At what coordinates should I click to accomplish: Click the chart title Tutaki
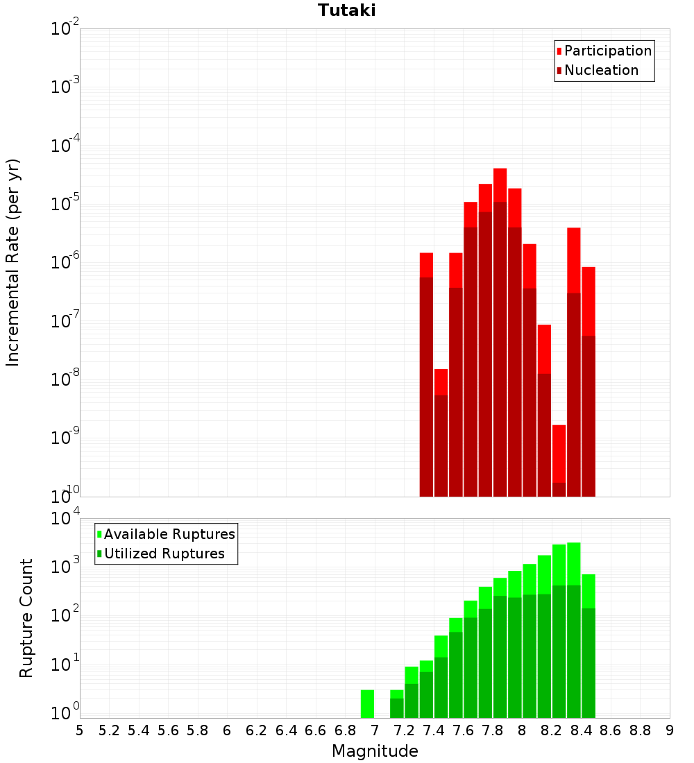(x=346, y=10)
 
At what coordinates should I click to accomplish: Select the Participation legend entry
(x=608, y=51)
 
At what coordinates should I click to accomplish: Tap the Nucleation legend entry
(x=601, y=70)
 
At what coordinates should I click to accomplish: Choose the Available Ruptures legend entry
(x=169, y=534)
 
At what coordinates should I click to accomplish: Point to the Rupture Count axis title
(x=26, y=618)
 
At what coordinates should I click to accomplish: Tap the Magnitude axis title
(x=375, y=751)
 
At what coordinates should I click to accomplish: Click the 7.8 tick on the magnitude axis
(x=493, y=730)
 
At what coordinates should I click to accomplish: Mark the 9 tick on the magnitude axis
(x=670, y=730)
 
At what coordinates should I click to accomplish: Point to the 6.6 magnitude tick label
(x=316, y=730)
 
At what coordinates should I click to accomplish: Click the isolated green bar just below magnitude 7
(x=367, y=704)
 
